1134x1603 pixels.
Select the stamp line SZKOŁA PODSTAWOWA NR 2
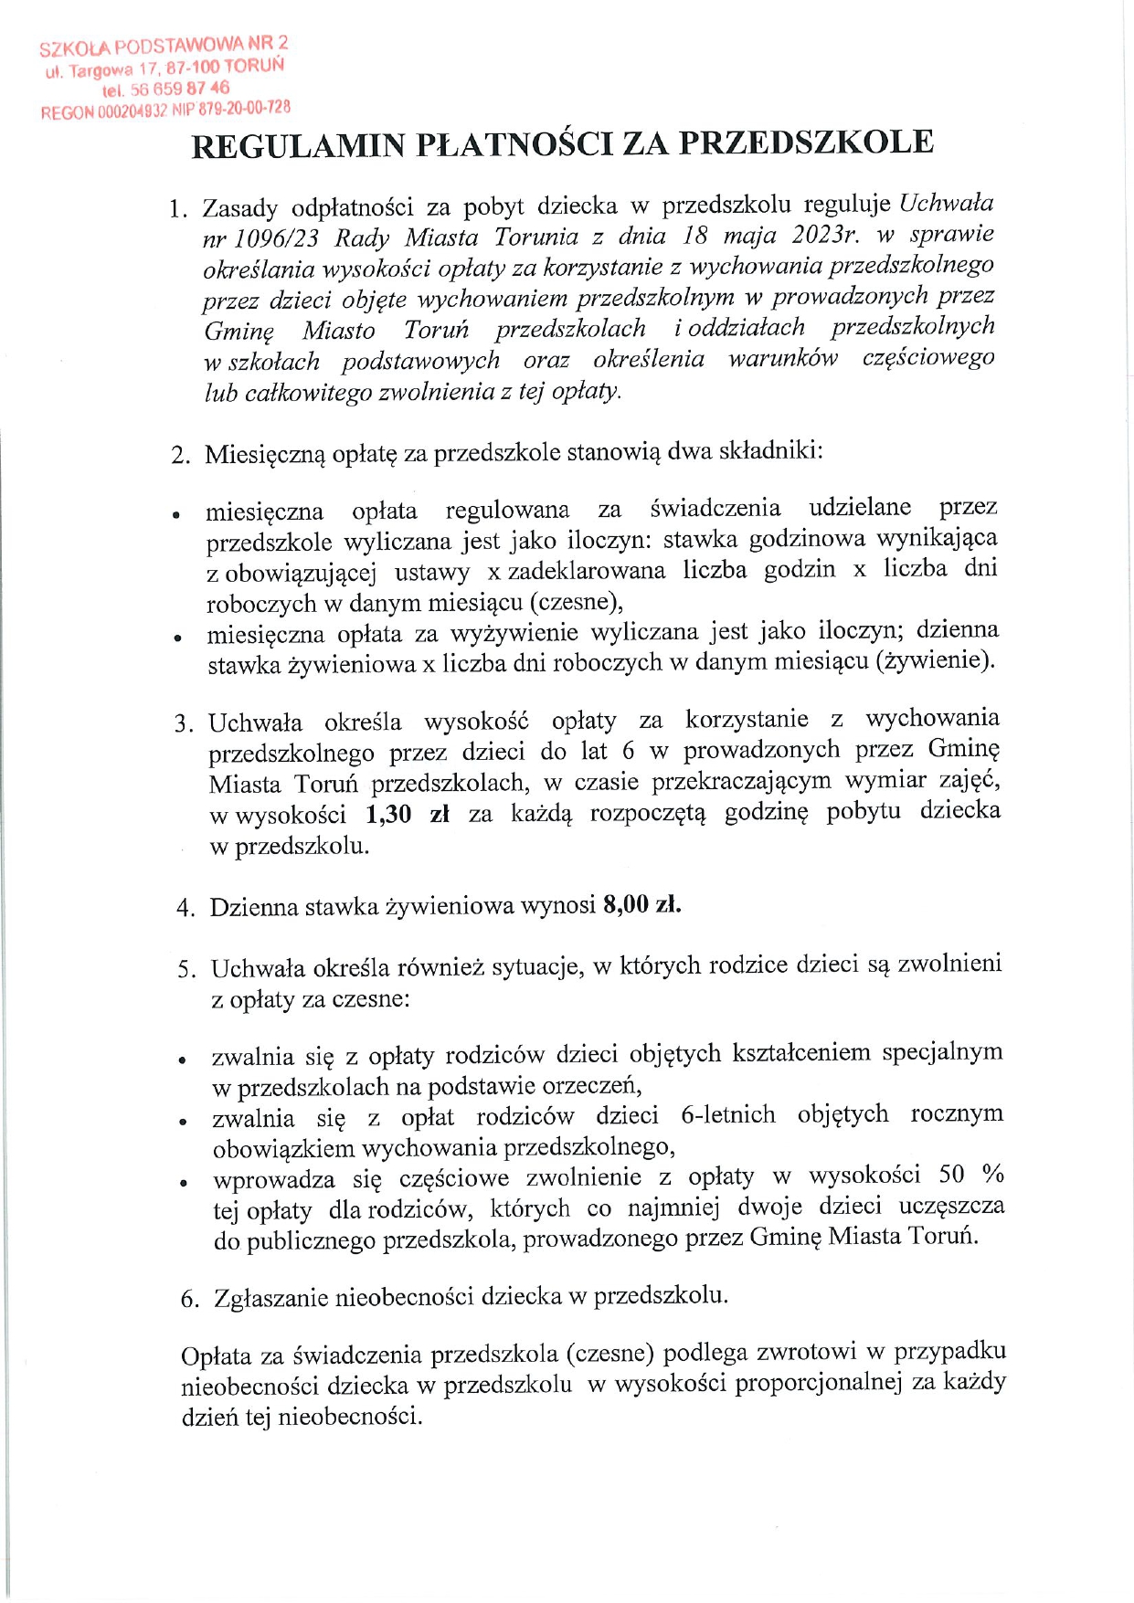pos(164,45)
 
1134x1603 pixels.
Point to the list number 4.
pos(185,908)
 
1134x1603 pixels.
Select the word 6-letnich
pos(728,1115)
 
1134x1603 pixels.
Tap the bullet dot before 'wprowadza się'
pos(183,1183)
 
